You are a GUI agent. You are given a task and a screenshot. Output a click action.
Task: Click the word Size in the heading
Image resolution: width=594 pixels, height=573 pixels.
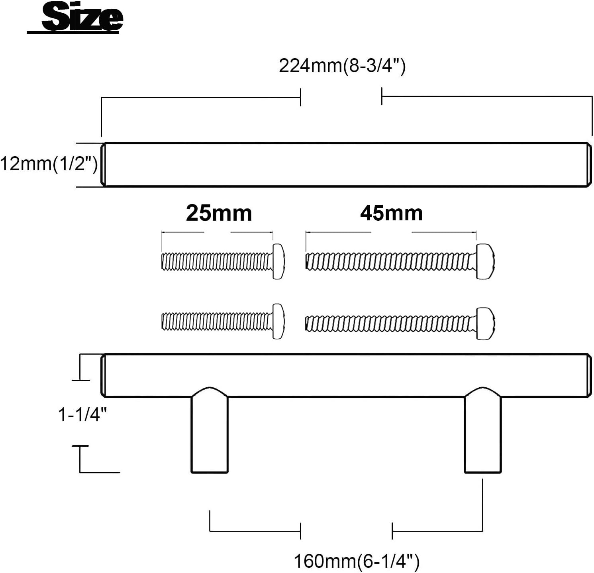(x=82, y=17)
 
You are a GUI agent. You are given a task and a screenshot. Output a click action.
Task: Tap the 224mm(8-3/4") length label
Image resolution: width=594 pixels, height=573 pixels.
(x=342, y=66)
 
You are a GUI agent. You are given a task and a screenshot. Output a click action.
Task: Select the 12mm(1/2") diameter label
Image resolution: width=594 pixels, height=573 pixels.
(x=49, y=164)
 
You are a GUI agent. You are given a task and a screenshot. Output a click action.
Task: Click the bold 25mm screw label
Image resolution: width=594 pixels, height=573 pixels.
(x=219, y=213)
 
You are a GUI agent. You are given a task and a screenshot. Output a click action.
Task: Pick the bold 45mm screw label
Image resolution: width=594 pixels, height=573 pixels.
(x=391, y=213)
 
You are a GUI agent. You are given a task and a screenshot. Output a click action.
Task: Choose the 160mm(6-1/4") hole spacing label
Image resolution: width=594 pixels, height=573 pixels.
(x=357, y=561)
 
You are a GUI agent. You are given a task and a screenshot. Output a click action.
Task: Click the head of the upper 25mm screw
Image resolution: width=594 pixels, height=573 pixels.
(x=278, y=261)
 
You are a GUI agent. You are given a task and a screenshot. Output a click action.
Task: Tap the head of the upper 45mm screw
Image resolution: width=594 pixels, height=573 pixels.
(x=486, y=261)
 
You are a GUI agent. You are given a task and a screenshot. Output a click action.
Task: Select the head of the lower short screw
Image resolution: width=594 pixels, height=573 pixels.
(x=278, y=322)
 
